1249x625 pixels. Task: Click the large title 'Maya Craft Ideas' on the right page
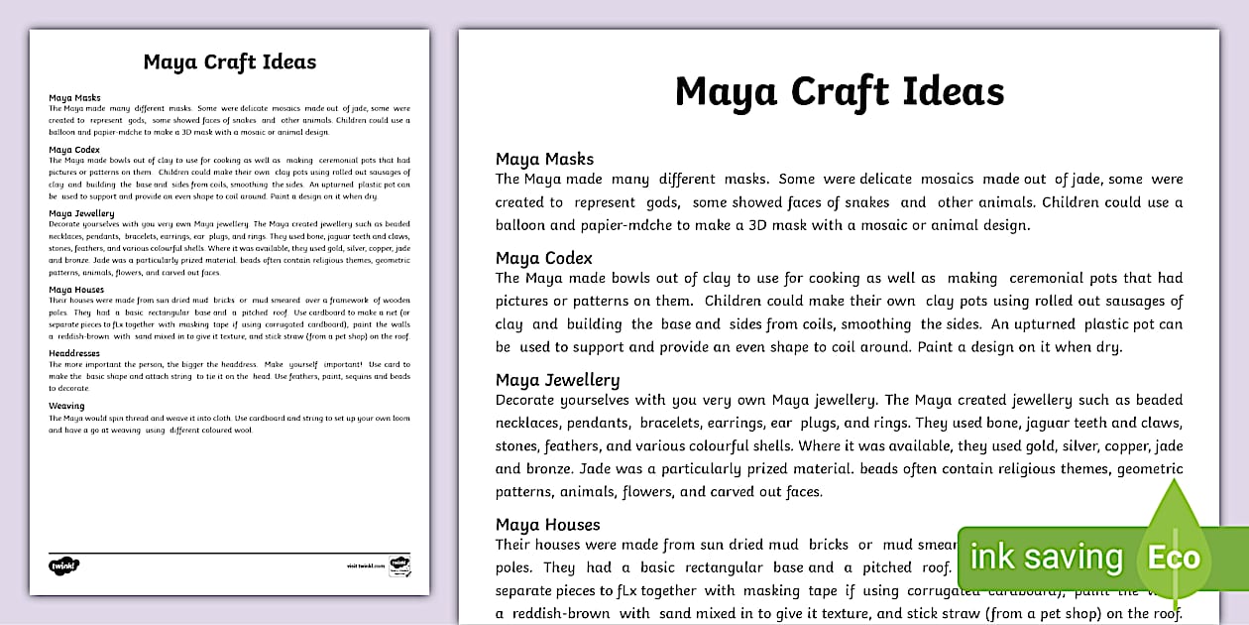click(839, 92)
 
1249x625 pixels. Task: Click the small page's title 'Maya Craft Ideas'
click(229, 62)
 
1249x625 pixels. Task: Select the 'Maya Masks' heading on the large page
click(544, 159)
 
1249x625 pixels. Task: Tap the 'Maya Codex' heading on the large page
click(543, 259)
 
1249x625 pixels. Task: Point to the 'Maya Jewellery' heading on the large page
click(557, 380)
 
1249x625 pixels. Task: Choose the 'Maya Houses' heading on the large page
click(547, 525)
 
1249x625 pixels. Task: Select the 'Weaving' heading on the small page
click(66, 406)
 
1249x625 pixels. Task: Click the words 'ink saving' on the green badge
click(1046, 558)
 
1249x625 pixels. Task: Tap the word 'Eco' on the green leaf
click(1174, 558)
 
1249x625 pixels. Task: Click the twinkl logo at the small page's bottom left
click(63, 565)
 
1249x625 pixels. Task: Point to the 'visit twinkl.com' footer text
click(365, 565)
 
